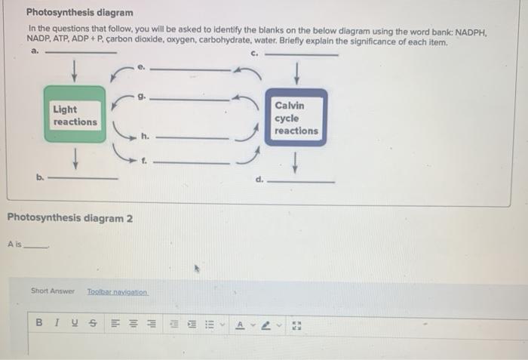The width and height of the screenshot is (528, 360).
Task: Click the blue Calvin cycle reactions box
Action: point(296,118)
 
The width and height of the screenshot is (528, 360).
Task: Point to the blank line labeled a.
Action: point(81,53)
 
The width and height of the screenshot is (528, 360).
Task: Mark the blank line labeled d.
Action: point(302,181)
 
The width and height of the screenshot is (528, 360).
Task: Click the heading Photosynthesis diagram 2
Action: point(69,218)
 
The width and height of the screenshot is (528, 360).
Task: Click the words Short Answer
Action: point(53,291)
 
